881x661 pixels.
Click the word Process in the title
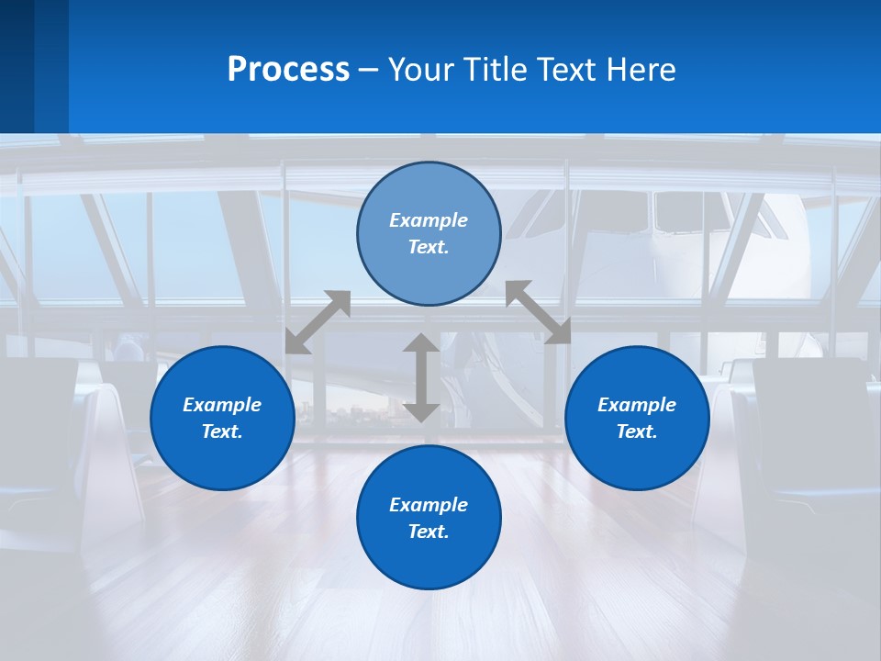[x=288, y=70]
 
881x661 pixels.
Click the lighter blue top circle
[x=429, y=193]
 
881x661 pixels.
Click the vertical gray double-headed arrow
[x=421, y=378]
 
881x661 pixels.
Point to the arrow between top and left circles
[x=318, y=322]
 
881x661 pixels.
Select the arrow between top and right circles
[x=538, y=312]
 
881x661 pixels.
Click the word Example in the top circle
[x=429, y=220]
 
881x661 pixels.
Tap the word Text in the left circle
[x=222, y=431]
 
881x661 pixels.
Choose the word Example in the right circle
[x=637, y=405]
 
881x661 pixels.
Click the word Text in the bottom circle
[x=428, y=532]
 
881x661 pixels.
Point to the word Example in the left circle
[x=222, y=405]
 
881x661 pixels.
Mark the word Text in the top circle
[x=428, y=247]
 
